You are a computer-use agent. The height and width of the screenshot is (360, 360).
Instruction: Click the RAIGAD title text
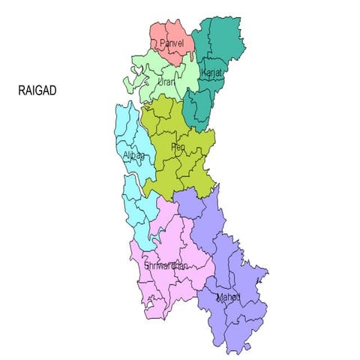coord(37,90)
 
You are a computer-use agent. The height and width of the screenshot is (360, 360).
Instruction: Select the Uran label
coord(166,81)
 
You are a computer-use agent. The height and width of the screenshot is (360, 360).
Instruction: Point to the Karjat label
coord(213,72)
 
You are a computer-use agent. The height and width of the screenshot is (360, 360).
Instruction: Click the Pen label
coord(178,147)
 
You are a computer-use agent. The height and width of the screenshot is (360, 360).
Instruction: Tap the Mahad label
coord(228,298)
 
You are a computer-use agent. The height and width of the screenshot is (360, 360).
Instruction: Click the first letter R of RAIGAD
coord(21,90)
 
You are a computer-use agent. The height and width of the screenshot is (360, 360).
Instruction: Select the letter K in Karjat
coord(204,72)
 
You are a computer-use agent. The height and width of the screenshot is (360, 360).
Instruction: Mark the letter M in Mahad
coord(220,298)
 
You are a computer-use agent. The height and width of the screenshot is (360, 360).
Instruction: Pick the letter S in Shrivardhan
coord(146,265)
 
